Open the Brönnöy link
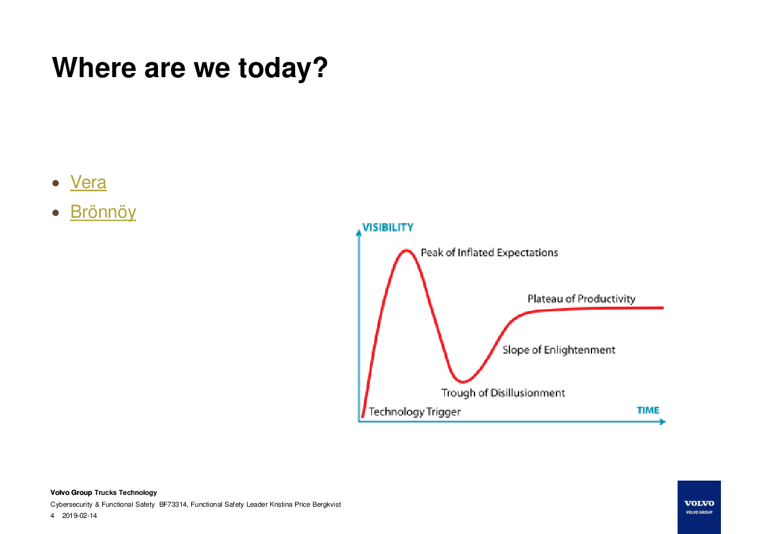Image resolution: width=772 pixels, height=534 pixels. pos(103,212)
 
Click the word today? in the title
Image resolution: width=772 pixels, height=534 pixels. pos(283,68)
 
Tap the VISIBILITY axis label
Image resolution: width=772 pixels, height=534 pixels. pos(388,228)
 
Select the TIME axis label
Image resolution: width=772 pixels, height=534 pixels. pos(648,411)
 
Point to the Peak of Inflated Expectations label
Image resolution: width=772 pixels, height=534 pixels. pos(489,253)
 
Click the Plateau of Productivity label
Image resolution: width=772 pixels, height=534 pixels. pos(581,299)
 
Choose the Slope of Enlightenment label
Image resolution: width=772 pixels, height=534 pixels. pos(559,350)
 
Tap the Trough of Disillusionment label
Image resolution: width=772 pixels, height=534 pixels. pos(503,393)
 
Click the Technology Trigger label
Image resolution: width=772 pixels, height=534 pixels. pos(415,412)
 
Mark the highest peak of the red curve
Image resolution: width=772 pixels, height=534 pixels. pos(407,250)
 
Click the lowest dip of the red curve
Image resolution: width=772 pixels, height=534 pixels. pos(463,382)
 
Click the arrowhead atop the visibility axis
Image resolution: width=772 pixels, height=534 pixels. pos(359,233)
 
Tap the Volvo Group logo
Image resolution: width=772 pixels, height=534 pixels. pos(699,507)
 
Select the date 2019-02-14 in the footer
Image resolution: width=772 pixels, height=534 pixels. pos(80,516)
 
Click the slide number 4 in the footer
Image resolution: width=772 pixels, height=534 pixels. pos(52,516)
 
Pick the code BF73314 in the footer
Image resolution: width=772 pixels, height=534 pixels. pos(173,504)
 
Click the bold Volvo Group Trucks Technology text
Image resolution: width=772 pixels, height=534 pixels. pos(104,492)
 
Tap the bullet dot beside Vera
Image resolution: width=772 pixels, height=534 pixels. pos(55,183)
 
